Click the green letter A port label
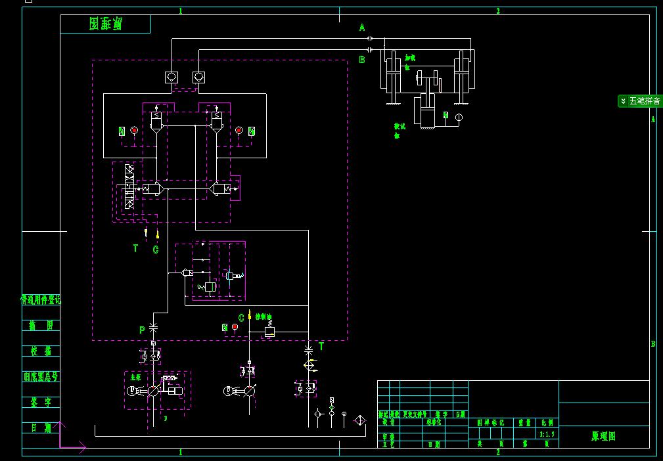click(x=361, y=28)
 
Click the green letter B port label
click(x=361, y=59)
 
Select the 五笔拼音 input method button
click(x=640, y=101)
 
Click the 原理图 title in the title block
click(x=603, y=435)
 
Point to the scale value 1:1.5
click(x=547, y=434)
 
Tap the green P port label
click(x=142, y=330)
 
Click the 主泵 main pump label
click(x=135, y=378)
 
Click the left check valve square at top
click(x=171, y=77)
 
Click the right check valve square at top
click(x=198, y=77)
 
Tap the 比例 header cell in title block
click(x=547, y=424)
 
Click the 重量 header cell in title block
click(x=524, y=424)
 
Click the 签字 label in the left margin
click(x=41, y=402)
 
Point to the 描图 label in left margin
click(x=41, y=326)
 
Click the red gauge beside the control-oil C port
click(x=235, y=327)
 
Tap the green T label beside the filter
click(x=321, y=346)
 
